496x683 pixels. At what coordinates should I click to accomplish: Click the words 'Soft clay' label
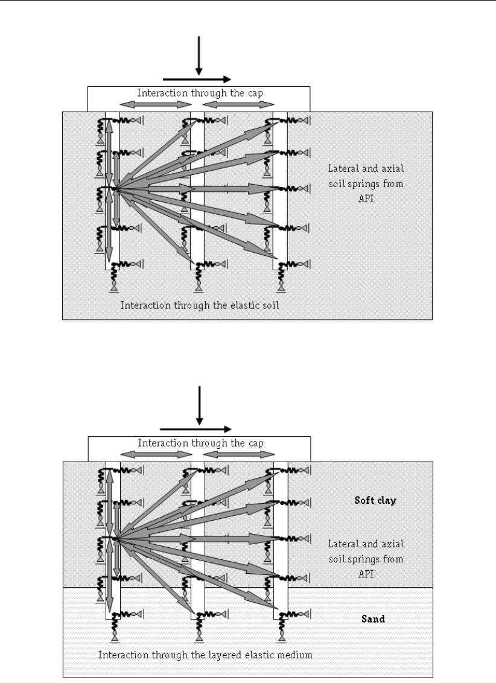pos(374,500)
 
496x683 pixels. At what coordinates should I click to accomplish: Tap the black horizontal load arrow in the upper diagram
pos(197,79)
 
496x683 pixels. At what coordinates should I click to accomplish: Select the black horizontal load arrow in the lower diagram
pos(197,429)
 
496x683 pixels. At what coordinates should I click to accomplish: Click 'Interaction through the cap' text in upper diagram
pos(199,93)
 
